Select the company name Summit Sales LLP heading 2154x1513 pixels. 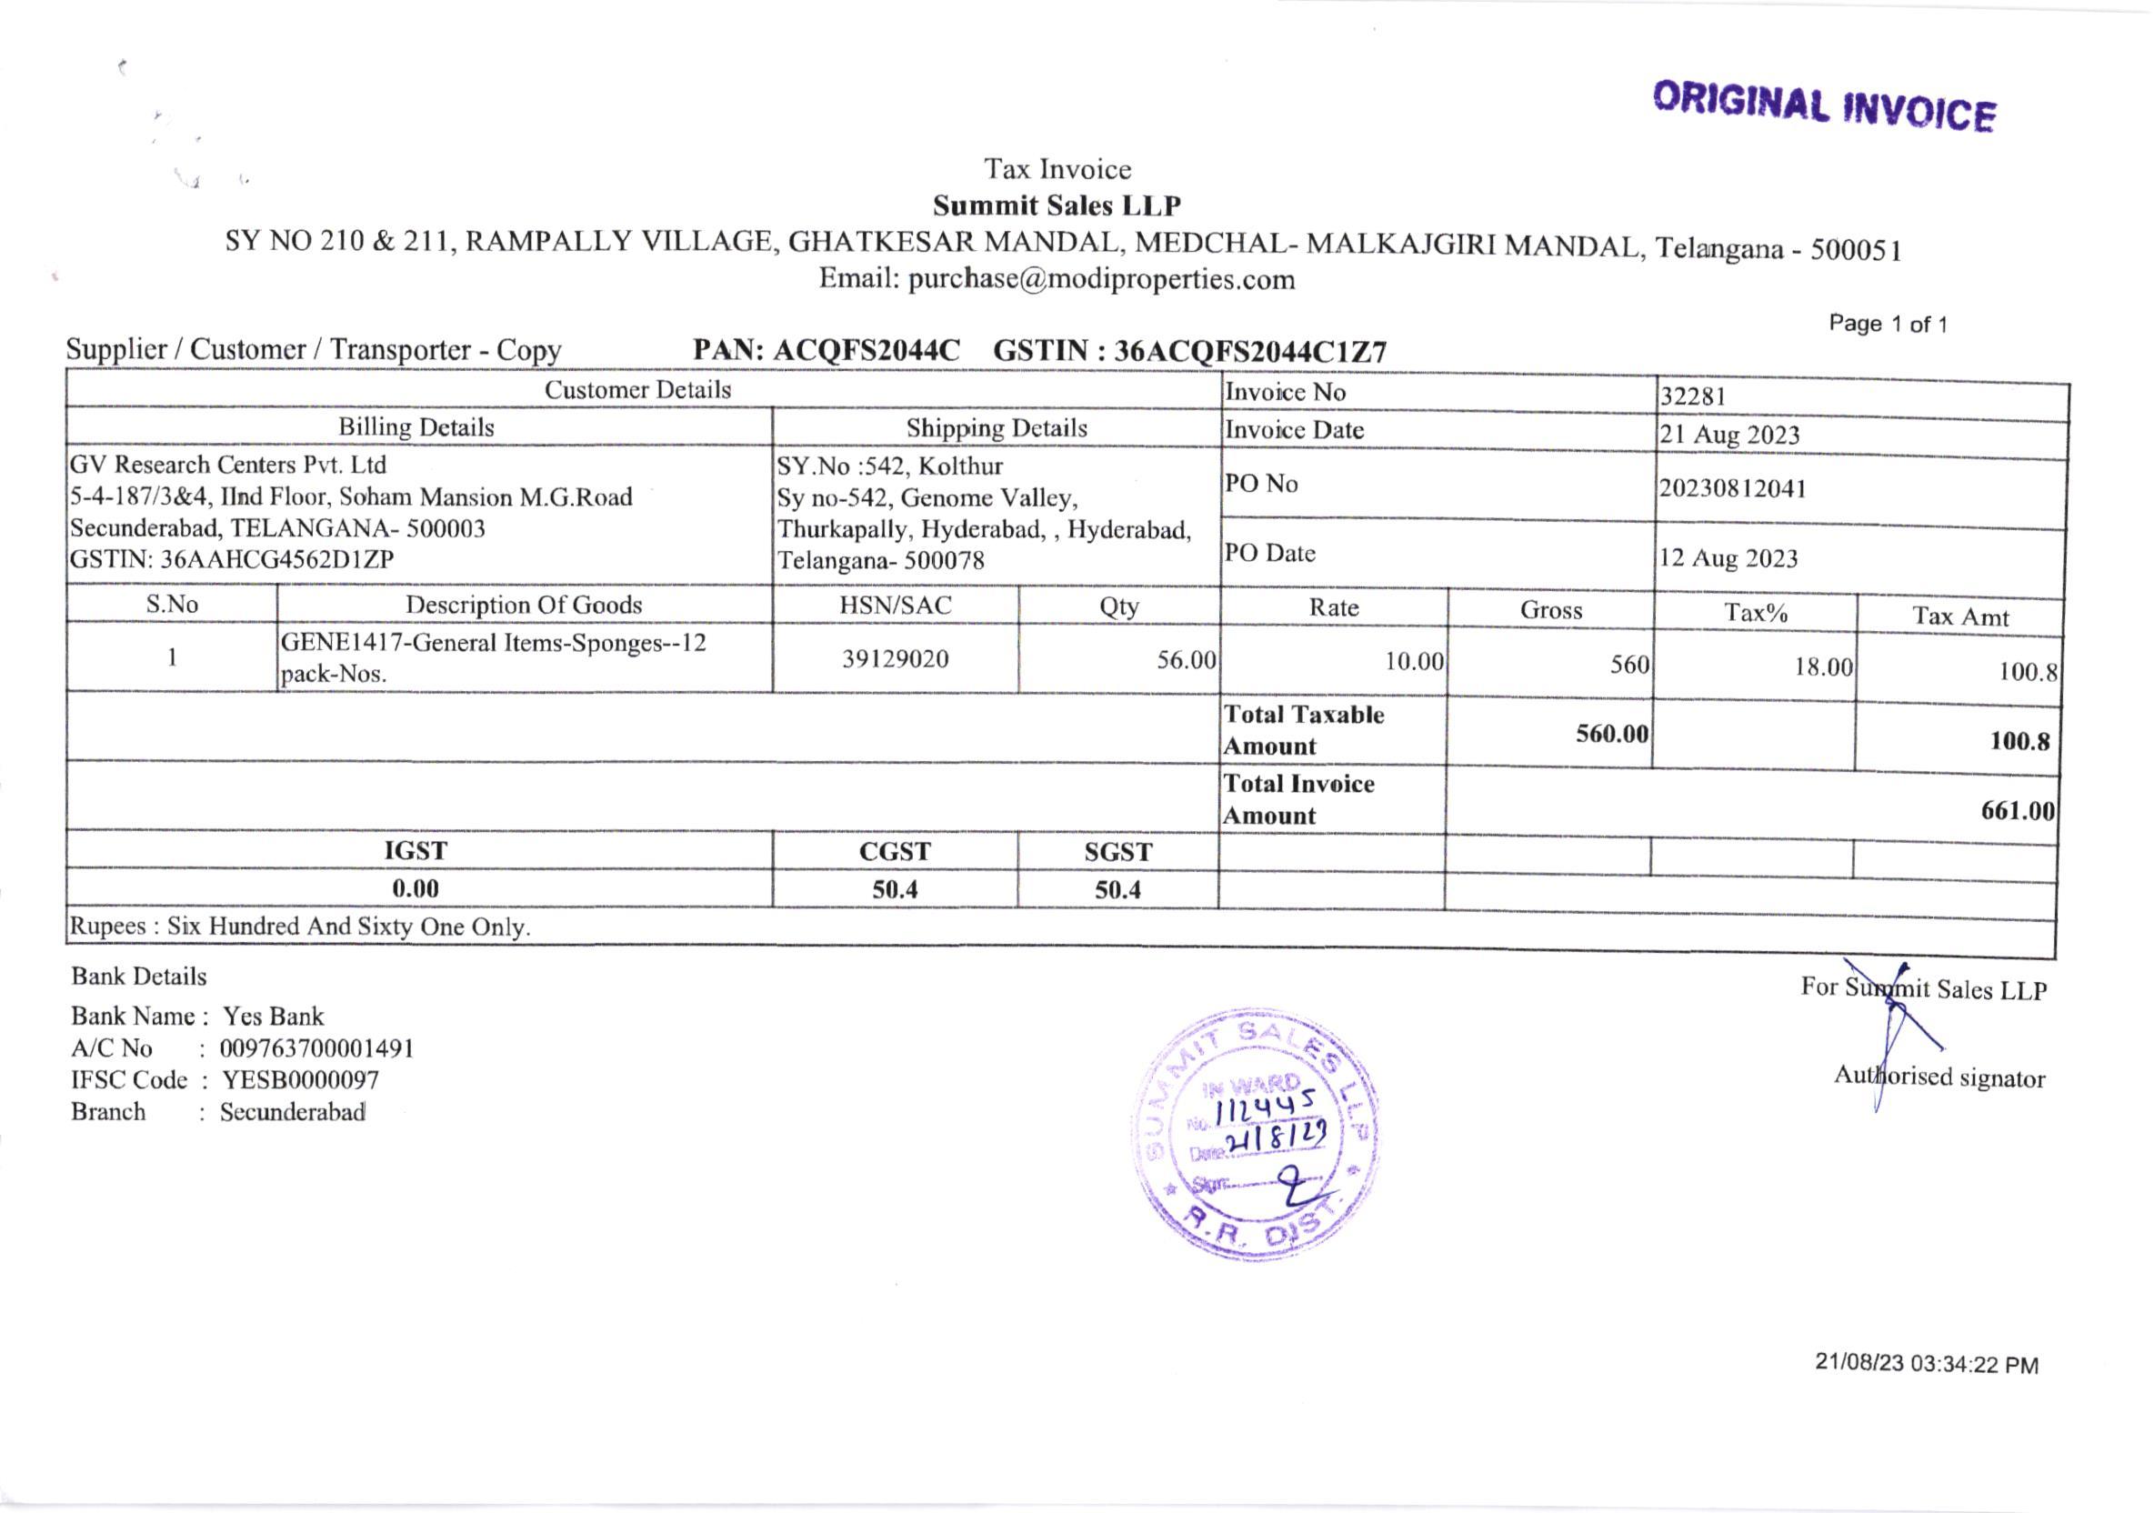pos(1057,205)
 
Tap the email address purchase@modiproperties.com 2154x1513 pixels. pos(1100,279)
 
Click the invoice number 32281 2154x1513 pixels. pos(1692,396)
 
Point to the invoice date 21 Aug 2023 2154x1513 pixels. pos(1729,436)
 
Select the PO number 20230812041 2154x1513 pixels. pos(1732,488)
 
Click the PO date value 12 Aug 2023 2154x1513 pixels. pos(1728,558)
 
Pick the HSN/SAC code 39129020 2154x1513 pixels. pos(895,658)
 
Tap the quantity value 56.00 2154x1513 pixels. pos(1186,659)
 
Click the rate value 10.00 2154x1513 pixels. pos(1414,661)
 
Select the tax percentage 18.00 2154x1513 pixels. pos(1823,666)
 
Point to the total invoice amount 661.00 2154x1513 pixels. pos(2017,810)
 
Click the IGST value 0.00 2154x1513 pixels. pos(415,888)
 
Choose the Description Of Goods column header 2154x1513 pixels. pos(524,605)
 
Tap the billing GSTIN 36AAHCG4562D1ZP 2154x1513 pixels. pos(276,560)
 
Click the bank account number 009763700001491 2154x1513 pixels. pos(316,1047)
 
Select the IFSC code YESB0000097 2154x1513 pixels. pos(300,1079)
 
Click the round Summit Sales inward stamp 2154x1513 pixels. pos(1257,1133)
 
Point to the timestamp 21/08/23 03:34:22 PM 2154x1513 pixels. pos(1926,1363)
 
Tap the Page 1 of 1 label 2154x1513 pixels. pos(1888,325)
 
